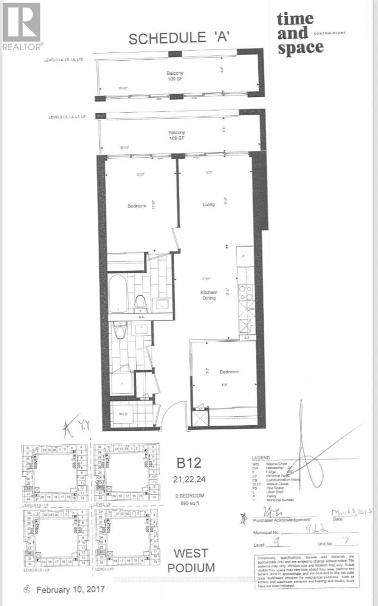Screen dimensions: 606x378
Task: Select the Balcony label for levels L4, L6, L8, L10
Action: point(176,76)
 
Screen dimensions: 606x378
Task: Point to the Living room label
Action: point(208,205)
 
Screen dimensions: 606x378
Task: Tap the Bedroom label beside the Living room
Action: point(136,206)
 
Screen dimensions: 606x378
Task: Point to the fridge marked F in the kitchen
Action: point(244,256)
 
